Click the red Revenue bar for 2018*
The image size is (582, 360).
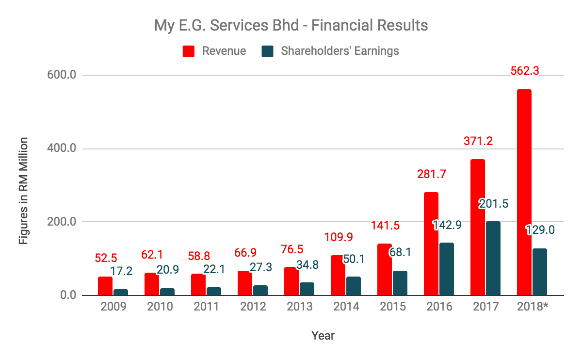(x=524, y=192)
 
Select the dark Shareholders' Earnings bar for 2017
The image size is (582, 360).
(x=493, y=258)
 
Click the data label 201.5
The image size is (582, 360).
(x=494, y=204)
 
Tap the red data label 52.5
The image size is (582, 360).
(x=105, y=258)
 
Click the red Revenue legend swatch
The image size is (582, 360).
(x=189, y=51)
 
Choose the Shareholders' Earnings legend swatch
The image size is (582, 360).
(x=267, y=51)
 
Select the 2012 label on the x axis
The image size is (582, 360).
(x=253, y=307)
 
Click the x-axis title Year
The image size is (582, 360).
(x=323, y=335)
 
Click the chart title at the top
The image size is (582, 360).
(x=291, y=25)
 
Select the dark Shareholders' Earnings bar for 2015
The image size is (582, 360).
(x=400, y=283)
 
